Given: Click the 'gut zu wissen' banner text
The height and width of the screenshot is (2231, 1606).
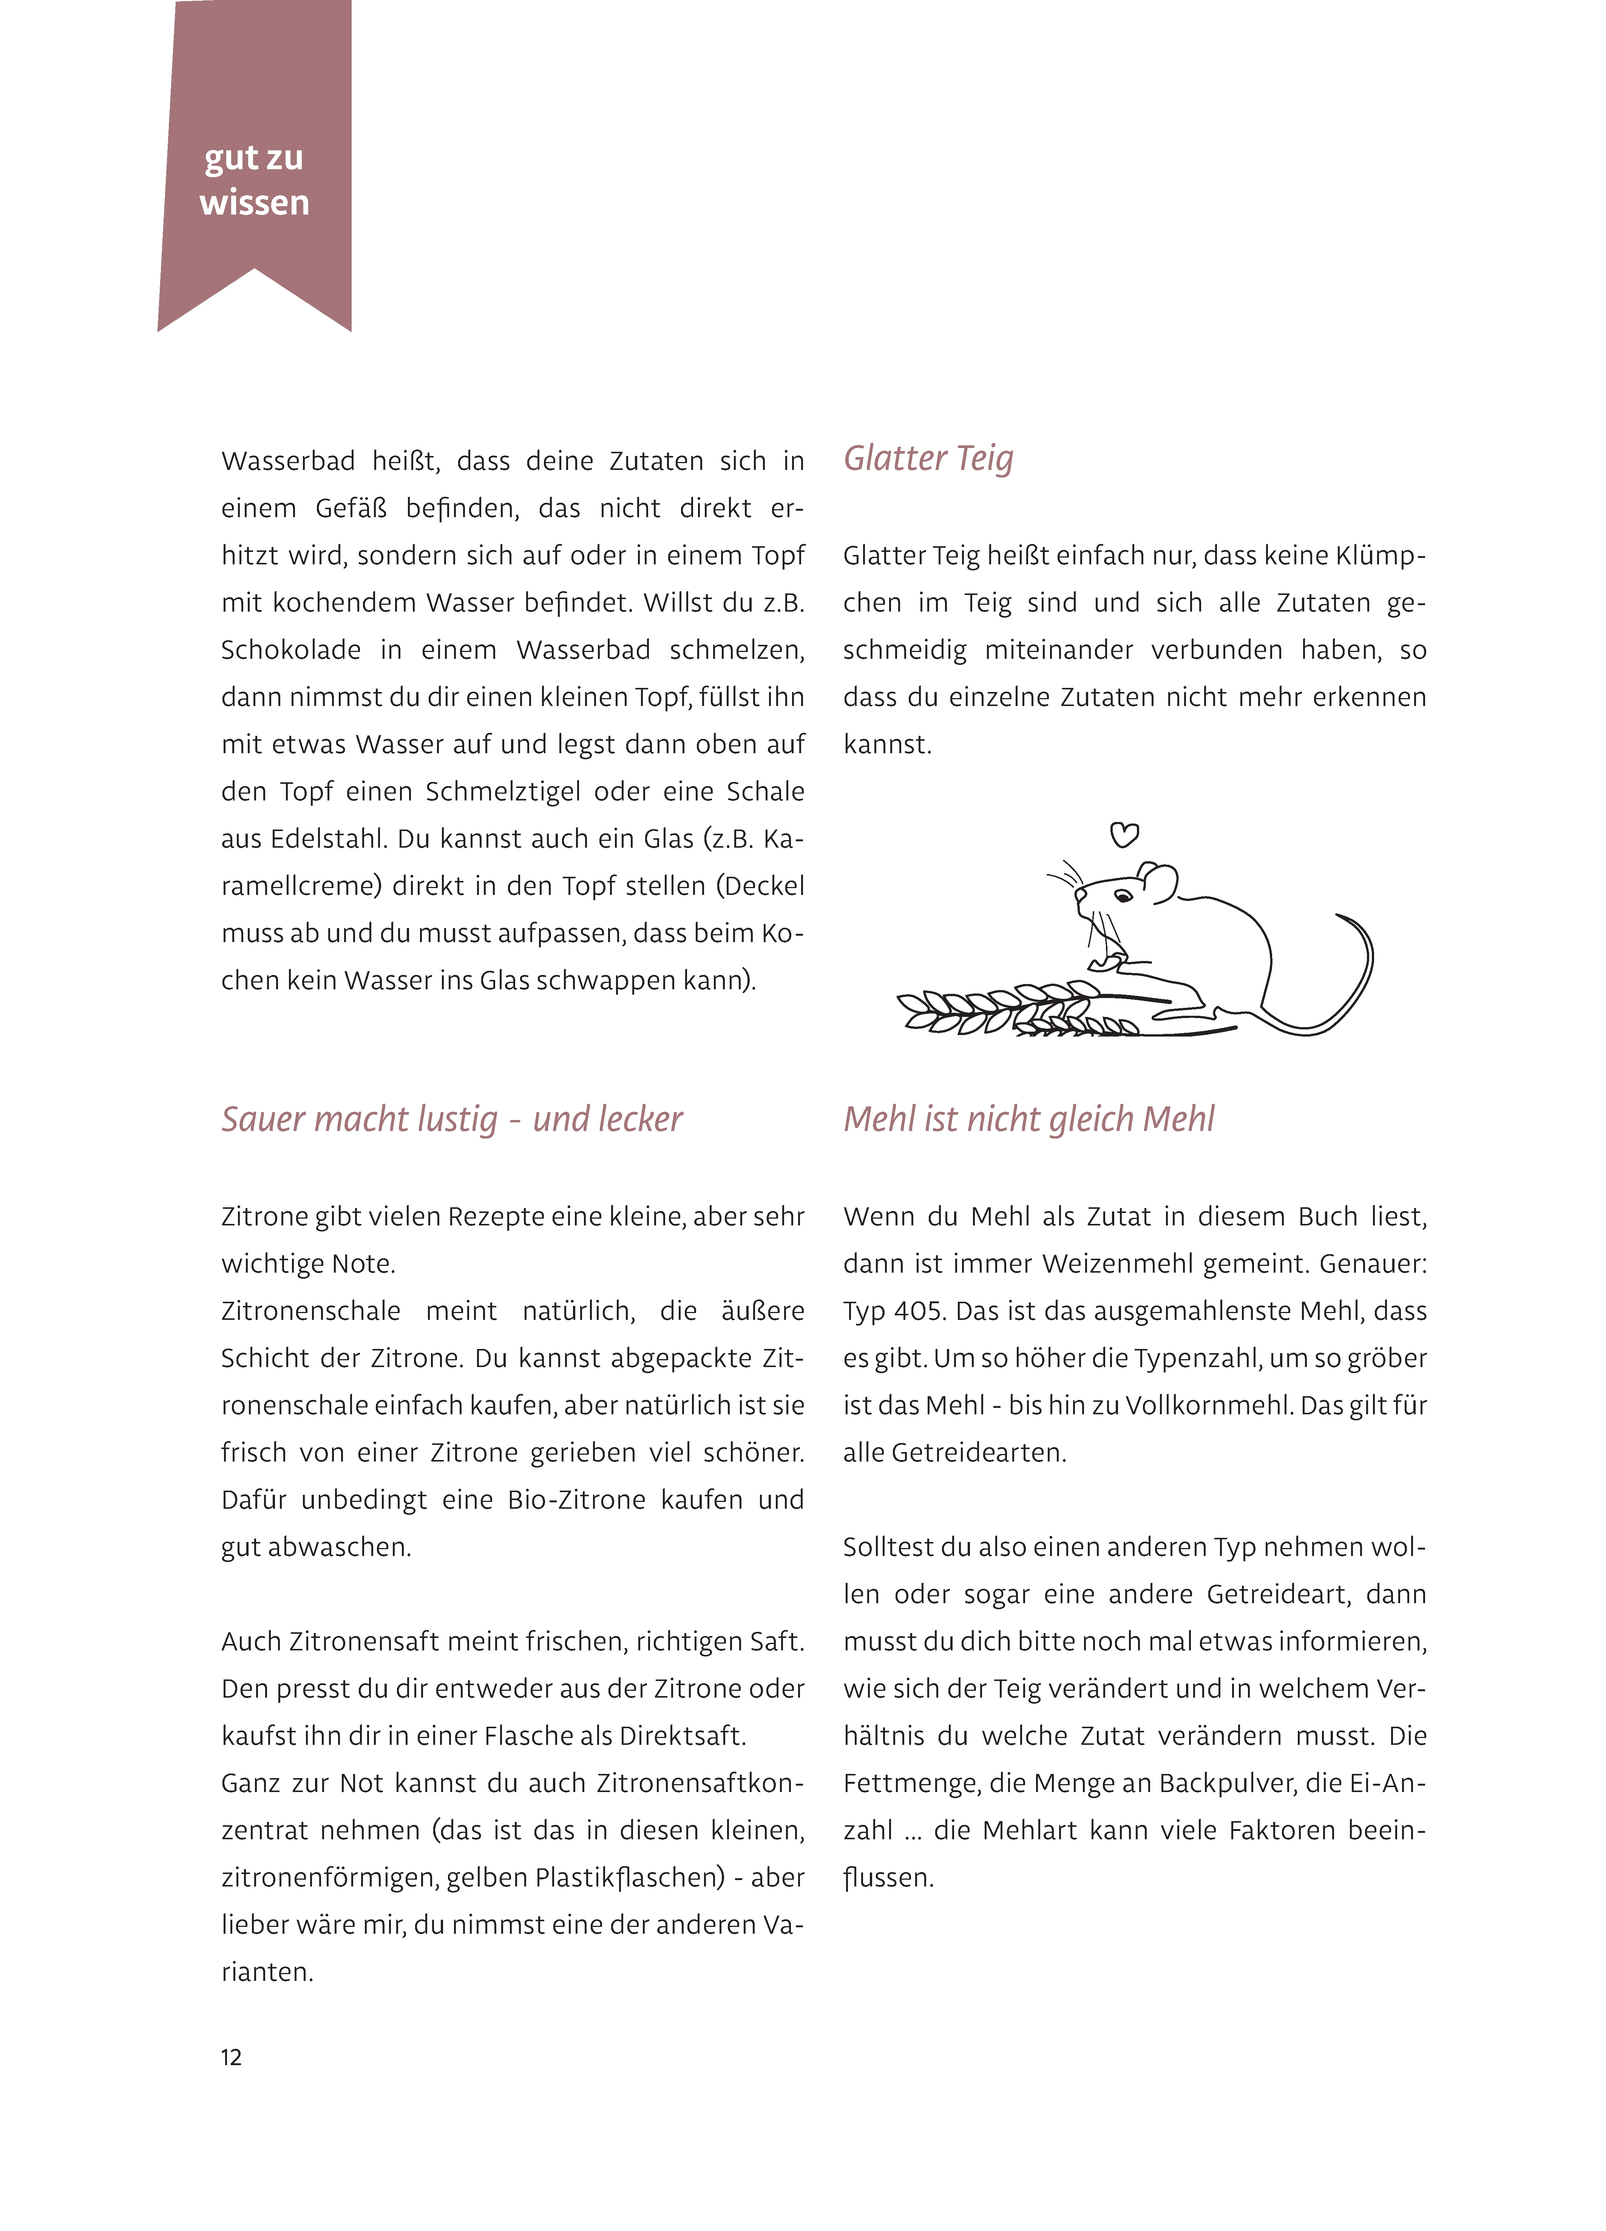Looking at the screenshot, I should click(x=254, y=180).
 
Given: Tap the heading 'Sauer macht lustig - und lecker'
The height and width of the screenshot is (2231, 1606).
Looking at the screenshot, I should click(x=451, y=1119).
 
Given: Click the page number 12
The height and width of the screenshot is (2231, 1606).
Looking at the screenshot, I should click(x=231, y=2057).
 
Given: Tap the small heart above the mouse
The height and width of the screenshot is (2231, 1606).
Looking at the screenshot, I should click(x=1124, y=835).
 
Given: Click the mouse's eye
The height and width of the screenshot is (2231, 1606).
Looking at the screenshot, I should click(x=1122, y=895).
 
